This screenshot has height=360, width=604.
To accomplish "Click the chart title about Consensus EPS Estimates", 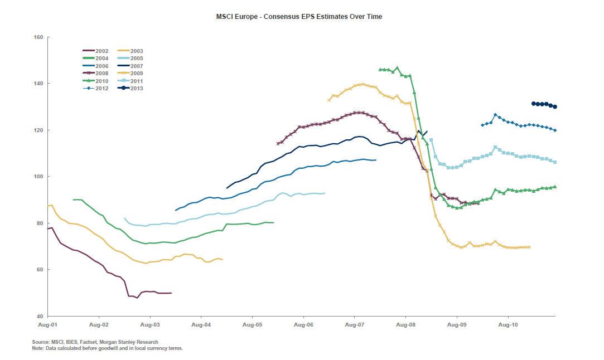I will pyautogui.click(x=299, y=17).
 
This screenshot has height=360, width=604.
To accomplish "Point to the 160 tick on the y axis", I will pyautogui.click(x=38, y=37).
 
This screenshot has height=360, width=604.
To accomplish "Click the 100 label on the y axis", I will pyautogui.click(x=38, y=177).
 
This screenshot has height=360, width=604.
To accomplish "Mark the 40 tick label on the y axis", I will pyautogui.click(x=40, y=316).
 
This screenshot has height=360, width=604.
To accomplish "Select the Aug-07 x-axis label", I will pyautogui.click(x=355, y=324).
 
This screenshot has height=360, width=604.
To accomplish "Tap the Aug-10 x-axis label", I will pyautogui.click(x=508, y=324).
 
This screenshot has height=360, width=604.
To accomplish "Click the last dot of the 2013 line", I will pyautogui.click(x=555, y=106).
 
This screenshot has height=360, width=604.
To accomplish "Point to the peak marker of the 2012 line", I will pyautogui.click(x=495, y=115).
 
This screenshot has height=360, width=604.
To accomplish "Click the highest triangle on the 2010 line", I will pyautogui.click(x=397, y=68).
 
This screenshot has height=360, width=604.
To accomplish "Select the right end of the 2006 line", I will pyautogui.click(x=375, y=160).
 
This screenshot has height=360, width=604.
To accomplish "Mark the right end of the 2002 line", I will pyautogui.click(x=171, y=293).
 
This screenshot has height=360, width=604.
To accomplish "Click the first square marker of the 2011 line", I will pyautogui.click(x=431, y=140).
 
